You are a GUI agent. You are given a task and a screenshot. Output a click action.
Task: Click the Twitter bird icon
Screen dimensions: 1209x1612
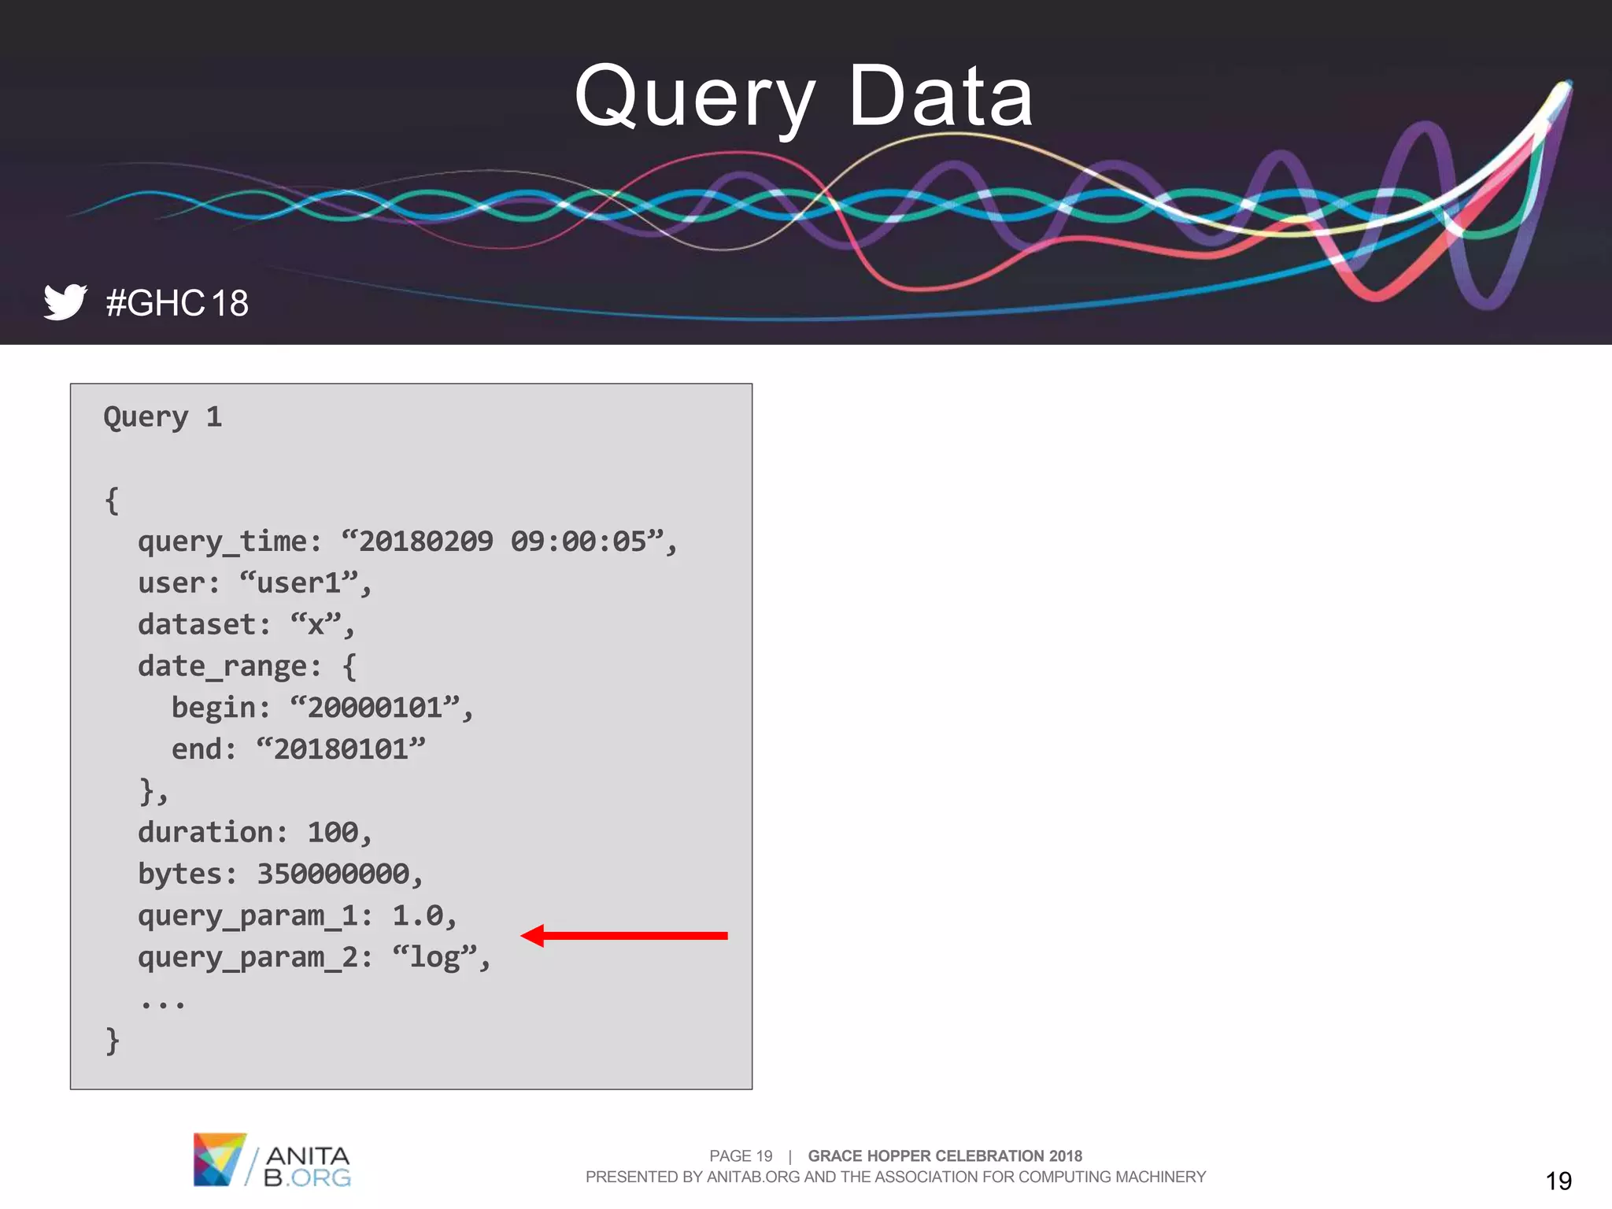[x=65, y=302]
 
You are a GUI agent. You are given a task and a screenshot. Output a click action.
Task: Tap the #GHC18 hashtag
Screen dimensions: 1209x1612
[x=177, y=304]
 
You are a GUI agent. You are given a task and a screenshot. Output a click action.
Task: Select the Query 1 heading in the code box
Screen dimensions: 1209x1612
[x=163, y=417]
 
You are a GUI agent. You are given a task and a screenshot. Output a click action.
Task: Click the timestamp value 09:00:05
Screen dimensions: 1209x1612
[x=579, y=542]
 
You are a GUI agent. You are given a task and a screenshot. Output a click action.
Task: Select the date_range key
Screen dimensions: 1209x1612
[x=229, y=667]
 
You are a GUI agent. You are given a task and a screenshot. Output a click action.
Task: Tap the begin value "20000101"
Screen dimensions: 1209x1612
[x=375, y=708]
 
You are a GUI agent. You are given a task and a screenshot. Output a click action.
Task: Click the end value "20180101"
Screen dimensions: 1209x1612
[x=341, y=749]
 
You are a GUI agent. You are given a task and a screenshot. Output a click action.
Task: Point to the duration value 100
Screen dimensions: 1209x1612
[x=332, y=833]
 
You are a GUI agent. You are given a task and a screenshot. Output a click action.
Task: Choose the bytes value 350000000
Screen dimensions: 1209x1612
[x=333, y=874]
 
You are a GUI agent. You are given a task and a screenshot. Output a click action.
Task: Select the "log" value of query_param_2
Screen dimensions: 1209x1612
[x=434, y=958]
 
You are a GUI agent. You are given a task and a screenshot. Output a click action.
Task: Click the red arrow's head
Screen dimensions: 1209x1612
[x=534, y=936]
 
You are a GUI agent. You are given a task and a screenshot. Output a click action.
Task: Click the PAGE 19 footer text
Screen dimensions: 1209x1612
[x=741, y=1156]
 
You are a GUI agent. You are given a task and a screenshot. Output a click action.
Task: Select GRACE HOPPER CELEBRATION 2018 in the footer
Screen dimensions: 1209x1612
[x=945, y=1156]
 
